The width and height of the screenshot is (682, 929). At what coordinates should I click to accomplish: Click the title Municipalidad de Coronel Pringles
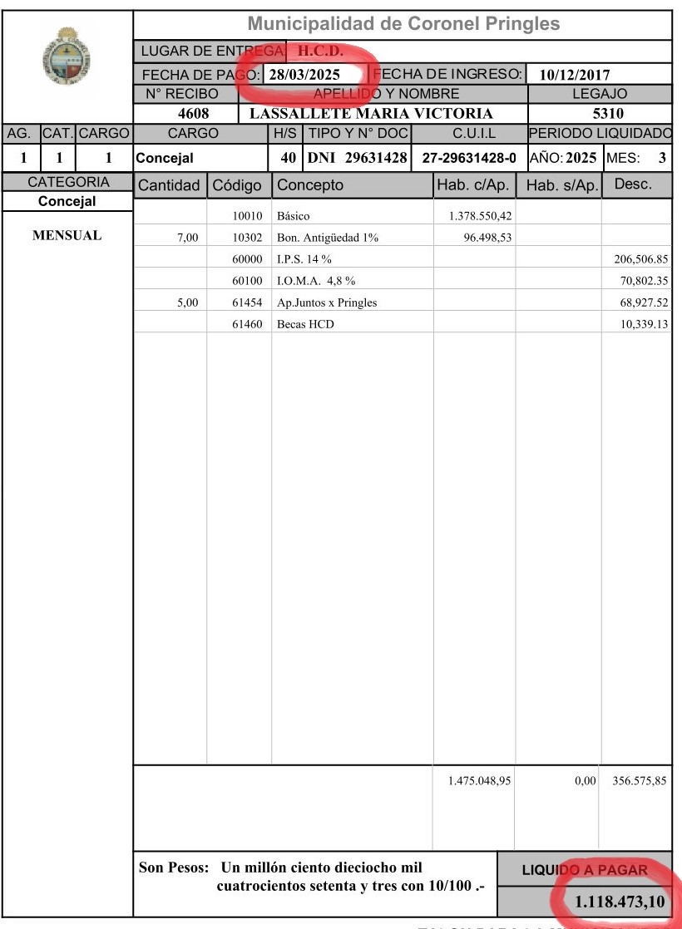coord(403,24)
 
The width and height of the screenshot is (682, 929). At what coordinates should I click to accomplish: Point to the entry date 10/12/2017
coord(576,76)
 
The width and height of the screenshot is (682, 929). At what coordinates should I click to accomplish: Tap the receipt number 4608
coord(193,114)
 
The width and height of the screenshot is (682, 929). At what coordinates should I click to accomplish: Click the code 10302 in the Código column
coord(247,238)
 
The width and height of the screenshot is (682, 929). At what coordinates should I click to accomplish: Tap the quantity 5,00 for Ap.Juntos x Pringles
coord(187,302)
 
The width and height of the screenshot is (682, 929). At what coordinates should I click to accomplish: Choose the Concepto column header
coord(309,185)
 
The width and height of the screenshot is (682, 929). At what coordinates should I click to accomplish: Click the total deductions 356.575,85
coord(639,781)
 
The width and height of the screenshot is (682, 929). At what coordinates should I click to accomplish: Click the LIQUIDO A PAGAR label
coord(584,870)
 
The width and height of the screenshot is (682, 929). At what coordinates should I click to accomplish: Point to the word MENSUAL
coord(67,236)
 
